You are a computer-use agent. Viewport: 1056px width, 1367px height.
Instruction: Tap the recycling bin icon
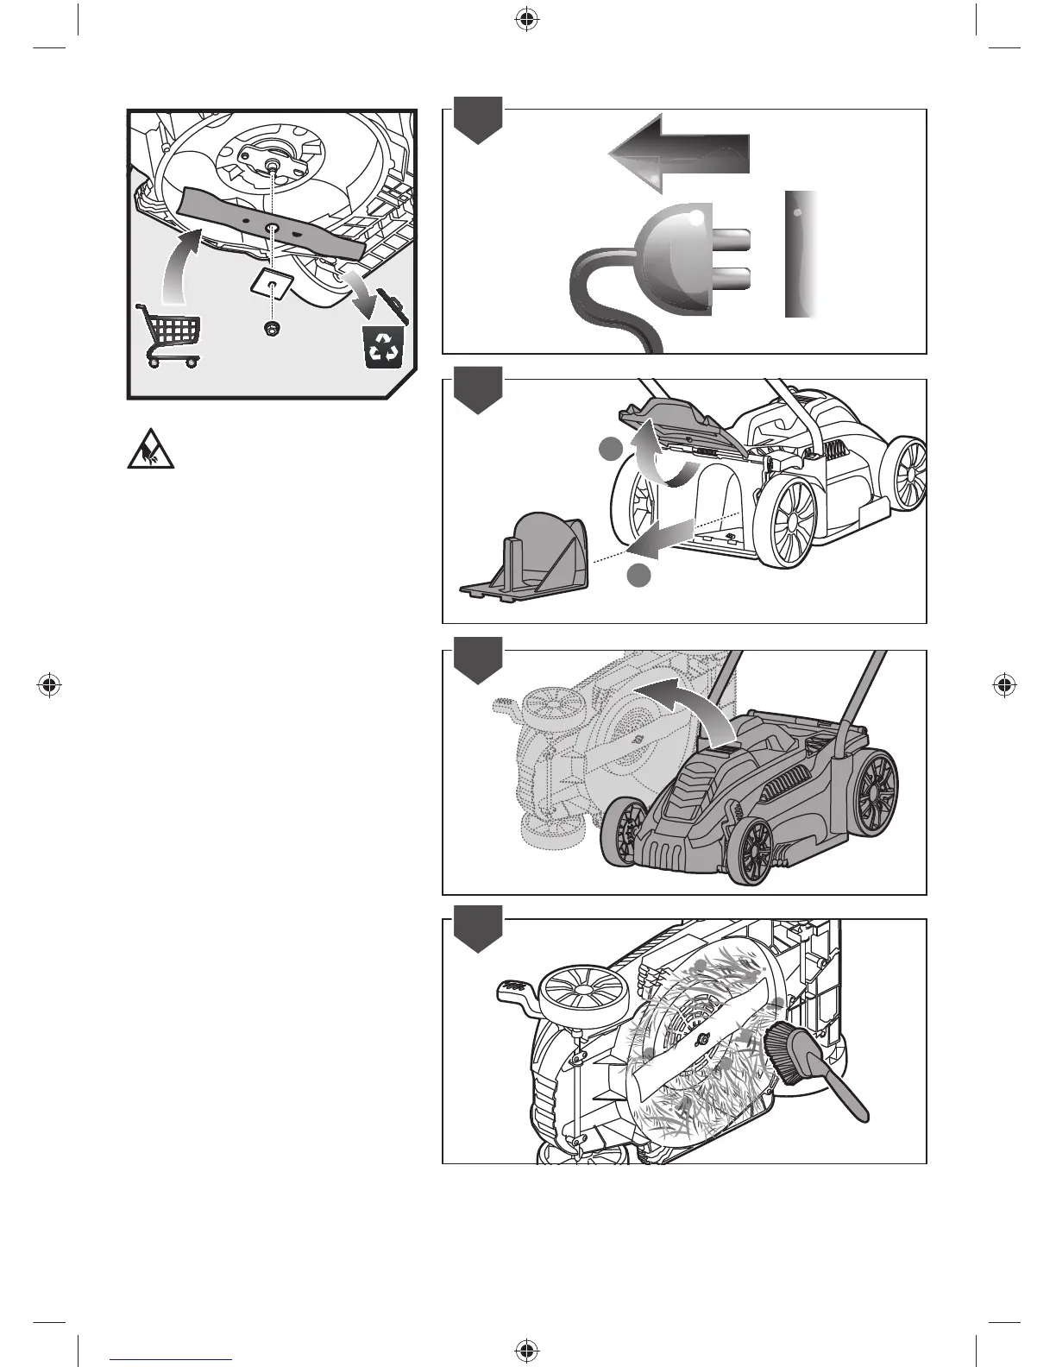(381, 342)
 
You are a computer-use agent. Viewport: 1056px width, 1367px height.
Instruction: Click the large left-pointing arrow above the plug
(680, 154)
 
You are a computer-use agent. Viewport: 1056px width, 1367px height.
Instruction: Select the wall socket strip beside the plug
(801, 254)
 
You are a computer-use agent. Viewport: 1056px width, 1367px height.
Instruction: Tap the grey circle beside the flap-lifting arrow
(611, 448)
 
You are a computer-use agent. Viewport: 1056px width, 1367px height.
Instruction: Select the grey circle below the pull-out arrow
(638, 576)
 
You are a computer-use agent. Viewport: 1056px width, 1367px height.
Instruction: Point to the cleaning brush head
(785, 1048)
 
